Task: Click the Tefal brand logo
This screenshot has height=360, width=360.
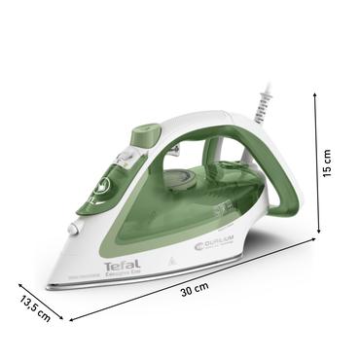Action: coord(121,264)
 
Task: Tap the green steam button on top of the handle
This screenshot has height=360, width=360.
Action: coord(145,131)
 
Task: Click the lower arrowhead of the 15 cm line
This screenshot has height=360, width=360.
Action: coord(316,234)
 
